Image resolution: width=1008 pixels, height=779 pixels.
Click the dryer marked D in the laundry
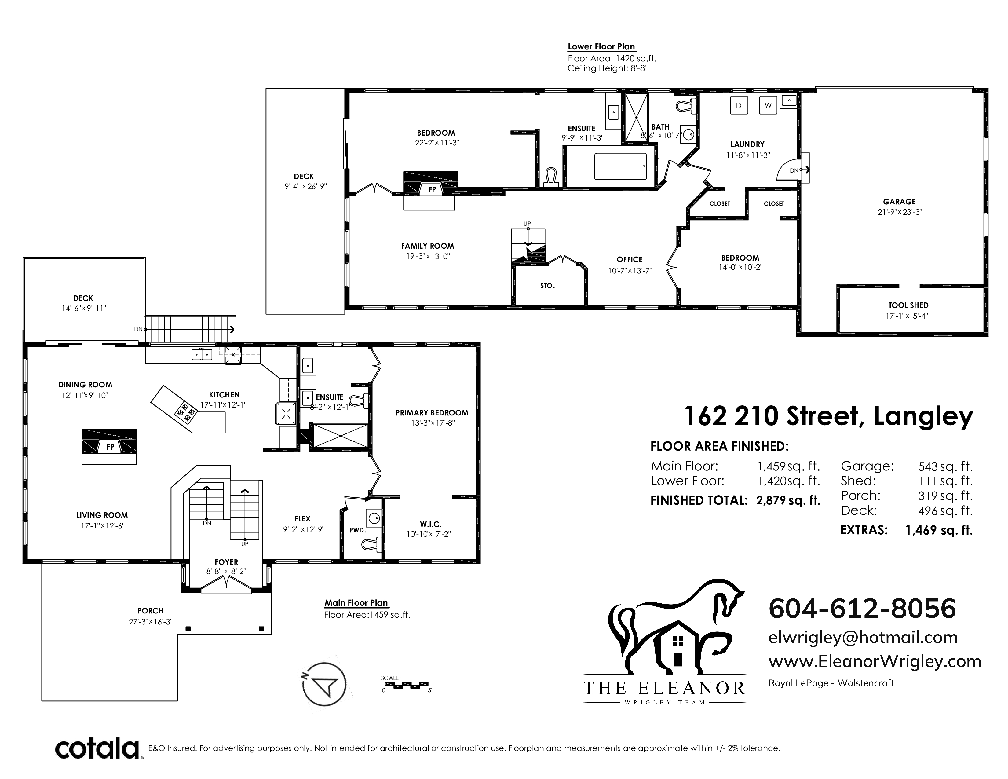pyautogui.click(x=739, y=105)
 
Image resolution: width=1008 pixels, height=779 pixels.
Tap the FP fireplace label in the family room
pyautogui.click(x=432, y=189)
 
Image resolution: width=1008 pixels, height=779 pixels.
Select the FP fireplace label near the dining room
pyautogui.click(x=110, y=447)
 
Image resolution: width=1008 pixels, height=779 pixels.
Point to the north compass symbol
pyautogui.click(x=325, y=684)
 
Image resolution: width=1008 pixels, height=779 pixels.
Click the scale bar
pyautogui.click(x=406, y=685)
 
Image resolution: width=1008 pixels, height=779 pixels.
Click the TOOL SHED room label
pyautogui.click(x=908, y=305)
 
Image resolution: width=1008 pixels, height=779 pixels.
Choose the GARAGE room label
pyautogui.click(x=899, y=202)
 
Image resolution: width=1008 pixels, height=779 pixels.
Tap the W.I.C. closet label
pyautogui.click(x=430, y=524)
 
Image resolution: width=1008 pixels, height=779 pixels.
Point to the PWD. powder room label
pyautogui.click(x=357, y=530)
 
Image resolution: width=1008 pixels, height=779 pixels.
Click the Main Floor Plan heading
pyautogui.click(x=356, y=603)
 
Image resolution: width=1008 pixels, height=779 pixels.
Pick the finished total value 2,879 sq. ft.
pyautogui.click(x=788, y=500)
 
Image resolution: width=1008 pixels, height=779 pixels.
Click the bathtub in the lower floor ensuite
pyautogui.click(x=620, y=166)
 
